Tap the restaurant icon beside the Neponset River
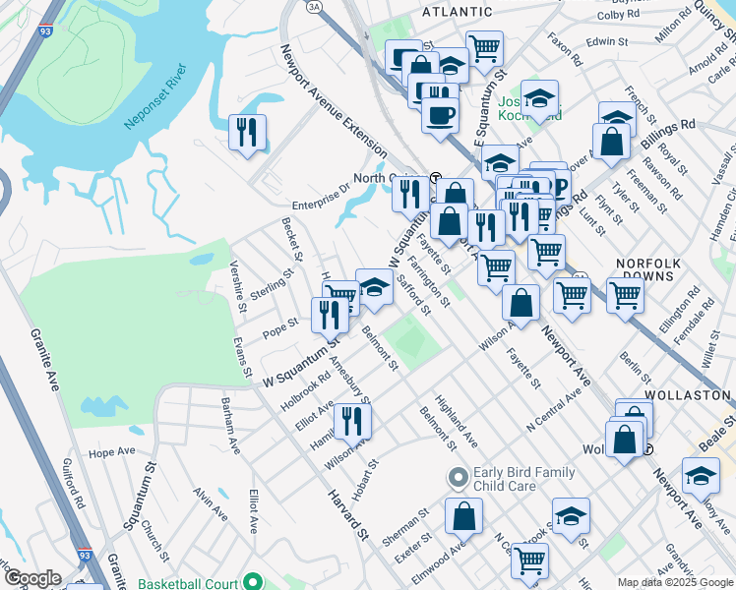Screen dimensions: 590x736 point(246,132)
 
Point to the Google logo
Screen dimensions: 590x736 point(31,578)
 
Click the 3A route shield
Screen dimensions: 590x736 point(314,6)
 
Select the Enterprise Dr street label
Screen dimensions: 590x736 point(317,192)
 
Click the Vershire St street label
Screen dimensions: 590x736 point(237,285)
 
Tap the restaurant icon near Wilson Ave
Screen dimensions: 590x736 point(351,420)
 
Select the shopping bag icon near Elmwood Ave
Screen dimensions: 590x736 point(463,514)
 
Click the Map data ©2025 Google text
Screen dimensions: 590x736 point(674,582)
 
